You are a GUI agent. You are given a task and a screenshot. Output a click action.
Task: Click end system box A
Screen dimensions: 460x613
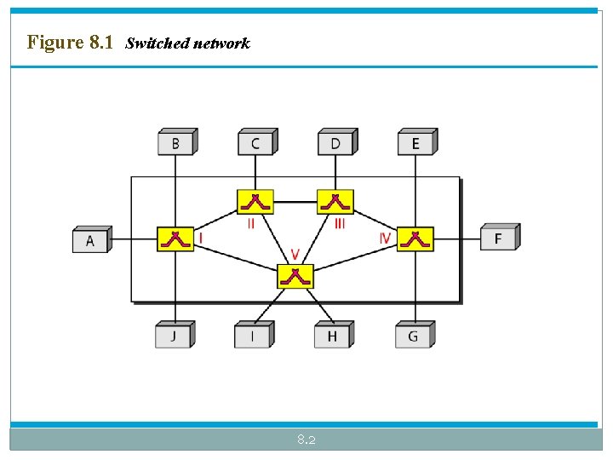click(x=90, y=240)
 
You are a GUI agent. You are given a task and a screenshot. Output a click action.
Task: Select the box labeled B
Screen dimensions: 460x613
click(x=175, y=143)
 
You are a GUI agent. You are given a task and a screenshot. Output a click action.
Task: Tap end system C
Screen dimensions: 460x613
click(x=255, y=143)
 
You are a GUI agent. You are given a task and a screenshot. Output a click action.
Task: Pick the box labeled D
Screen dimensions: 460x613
click(x=335, y=143)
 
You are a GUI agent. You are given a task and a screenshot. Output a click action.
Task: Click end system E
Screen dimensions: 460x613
click(x=415, y=143)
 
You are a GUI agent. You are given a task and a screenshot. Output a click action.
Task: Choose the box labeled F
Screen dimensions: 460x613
click(x=498, y=239)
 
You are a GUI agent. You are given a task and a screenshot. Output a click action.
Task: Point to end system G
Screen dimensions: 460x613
click(x=413, y=336)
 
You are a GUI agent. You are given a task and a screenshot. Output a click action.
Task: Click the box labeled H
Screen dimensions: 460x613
click(x=332, y=336)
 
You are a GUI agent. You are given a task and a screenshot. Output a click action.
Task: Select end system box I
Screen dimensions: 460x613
click(x=252, y=336)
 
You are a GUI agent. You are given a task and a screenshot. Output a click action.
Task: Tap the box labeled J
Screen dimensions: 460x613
click(x=173, y=336)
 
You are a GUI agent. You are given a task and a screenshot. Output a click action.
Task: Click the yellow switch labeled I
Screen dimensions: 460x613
click(x=175, y=239)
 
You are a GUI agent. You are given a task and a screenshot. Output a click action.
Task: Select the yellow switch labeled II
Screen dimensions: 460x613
click(x=255, y=202)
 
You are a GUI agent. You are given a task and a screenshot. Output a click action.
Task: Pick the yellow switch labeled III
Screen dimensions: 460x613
click(x=335, y=202)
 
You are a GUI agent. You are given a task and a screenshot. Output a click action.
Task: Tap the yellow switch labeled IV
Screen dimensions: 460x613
click(x=415, y=239)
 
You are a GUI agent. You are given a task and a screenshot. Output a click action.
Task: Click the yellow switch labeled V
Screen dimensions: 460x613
click(x=295, y=276)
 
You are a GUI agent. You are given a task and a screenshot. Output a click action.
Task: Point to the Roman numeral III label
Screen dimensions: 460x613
click(x=339, y=223)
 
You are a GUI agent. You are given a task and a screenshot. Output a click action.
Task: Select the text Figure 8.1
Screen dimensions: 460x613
click(x=70, y=42)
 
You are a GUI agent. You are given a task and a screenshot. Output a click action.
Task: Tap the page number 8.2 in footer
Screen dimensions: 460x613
click(x=306, y=440)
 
